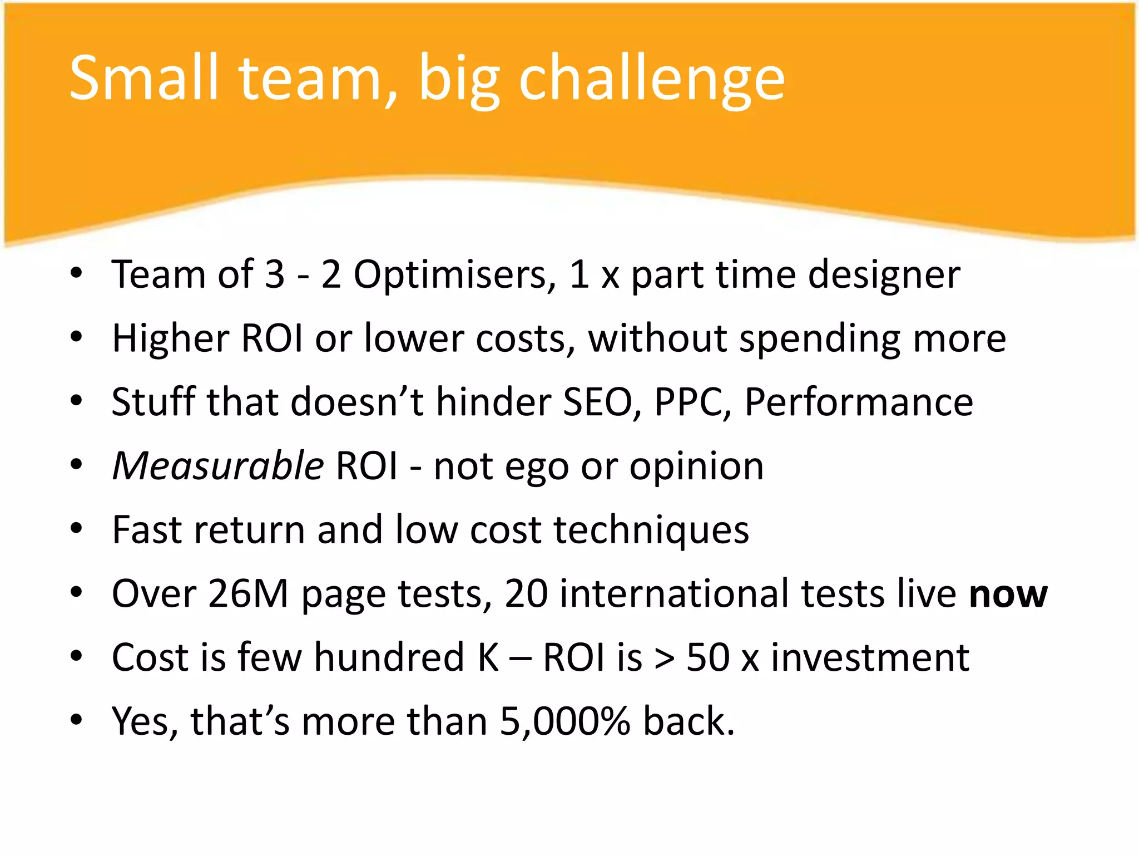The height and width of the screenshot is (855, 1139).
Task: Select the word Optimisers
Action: point(454,275)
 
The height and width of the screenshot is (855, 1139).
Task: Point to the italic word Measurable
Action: point(218,466)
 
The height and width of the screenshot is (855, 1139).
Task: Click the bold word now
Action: point(1008,594)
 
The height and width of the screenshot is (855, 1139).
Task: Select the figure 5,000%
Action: point(565,721)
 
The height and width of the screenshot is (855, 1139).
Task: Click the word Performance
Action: point(859,402)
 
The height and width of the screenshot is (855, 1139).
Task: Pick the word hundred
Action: point(389,658)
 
